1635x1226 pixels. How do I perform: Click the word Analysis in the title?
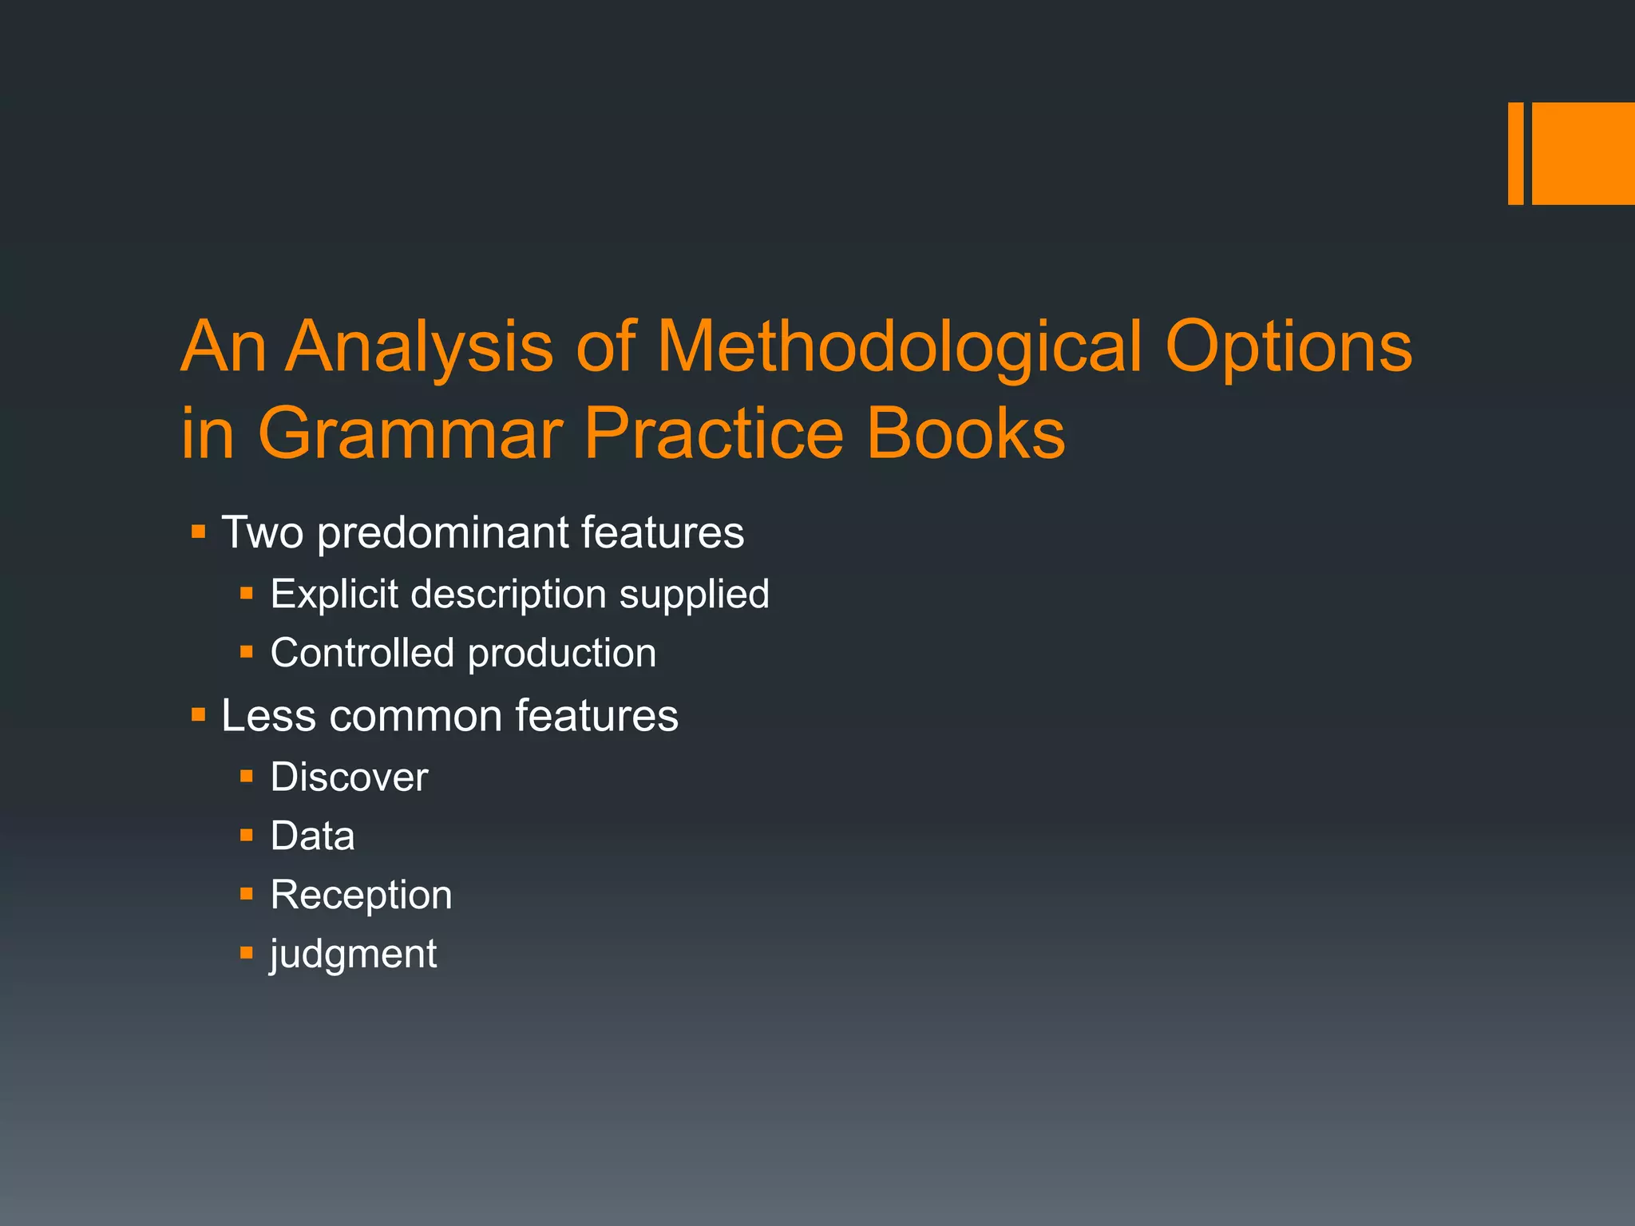tap(419, 347)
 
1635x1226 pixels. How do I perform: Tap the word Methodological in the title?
tap(900, 347)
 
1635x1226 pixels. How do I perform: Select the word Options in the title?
tap(1289, 347)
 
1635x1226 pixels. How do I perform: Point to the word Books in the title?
tap(965, 433)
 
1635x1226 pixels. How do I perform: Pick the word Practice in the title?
tap(714, 433)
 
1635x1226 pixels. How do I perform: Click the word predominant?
tap(442, 533)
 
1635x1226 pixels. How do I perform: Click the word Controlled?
tap(362, 653)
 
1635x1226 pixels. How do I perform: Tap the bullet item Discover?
tap(349, 777)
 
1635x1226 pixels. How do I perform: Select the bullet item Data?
tap(312, 836)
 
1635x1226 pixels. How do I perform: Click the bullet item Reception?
tap(361, 896)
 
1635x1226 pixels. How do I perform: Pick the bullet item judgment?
tap(354, 955)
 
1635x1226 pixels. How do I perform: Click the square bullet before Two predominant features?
tap(199, 531)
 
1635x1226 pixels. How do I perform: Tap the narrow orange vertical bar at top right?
tap(1515, 153)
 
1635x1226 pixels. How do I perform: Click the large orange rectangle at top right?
tap(1583, 153)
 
